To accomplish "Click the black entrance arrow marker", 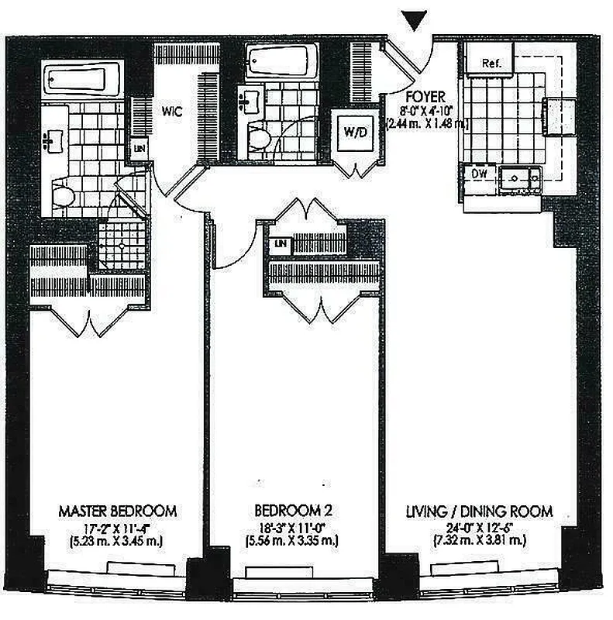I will point(415,21).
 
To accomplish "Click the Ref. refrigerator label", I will point(491,64).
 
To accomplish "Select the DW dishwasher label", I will point(480,174).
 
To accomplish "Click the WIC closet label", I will point(172,111).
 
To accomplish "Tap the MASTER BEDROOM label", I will point(118,511).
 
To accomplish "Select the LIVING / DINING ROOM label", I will point(479,511).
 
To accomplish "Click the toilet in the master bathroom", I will point(64,193).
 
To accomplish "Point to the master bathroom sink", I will point(52,139).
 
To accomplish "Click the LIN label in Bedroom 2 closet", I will point(280,245).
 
